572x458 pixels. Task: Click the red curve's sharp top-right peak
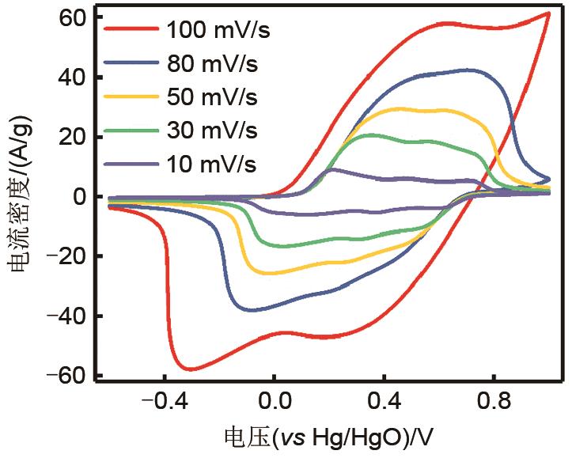[547, 13]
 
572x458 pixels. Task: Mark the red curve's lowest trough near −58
[191, 369]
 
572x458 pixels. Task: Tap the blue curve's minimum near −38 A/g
[252, 309]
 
